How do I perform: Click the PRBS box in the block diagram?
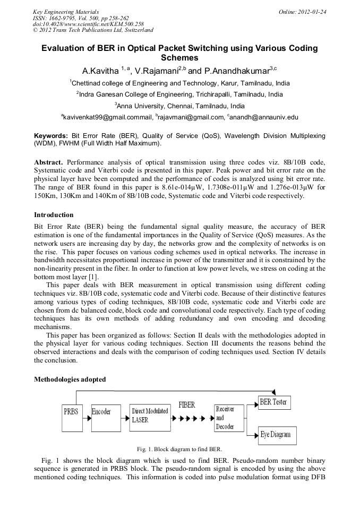click(72, 411)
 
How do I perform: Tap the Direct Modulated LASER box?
click(150, 416)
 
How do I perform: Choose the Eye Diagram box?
click(276, 435)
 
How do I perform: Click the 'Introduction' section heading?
click(54, 215)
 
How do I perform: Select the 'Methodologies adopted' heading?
click(70, 379)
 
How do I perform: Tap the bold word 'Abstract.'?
click(49, 161)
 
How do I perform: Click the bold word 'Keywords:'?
click(50, 136)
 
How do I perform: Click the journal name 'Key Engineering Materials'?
click(65, 12)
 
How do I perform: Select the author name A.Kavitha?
click(100, 71)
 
